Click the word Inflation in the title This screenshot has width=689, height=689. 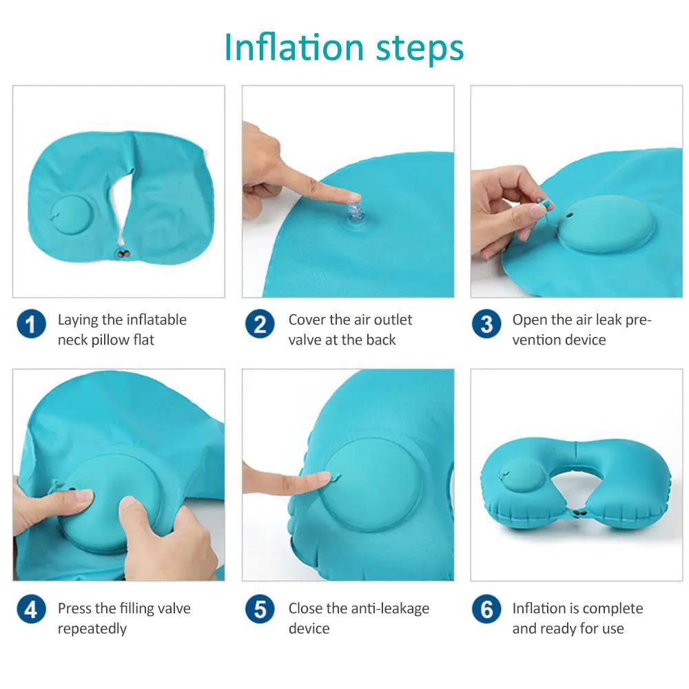click(294, 47)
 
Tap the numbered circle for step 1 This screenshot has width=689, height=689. click(31, 324)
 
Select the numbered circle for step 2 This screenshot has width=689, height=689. click(260, 324)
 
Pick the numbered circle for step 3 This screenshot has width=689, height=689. click(486, 324)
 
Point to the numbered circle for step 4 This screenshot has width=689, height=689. click(31, 610)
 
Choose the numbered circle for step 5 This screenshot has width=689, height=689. click(260, 610)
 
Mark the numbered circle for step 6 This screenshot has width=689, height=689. click(486, 610)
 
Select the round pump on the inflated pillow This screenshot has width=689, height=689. click(522, 475)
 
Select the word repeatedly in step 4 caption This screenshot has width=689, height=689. click(92, 628)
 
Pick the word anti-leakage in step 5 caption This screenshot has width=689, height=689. click(390, 608)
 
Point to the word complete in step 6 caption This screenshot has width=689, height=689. click(609, 608)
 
